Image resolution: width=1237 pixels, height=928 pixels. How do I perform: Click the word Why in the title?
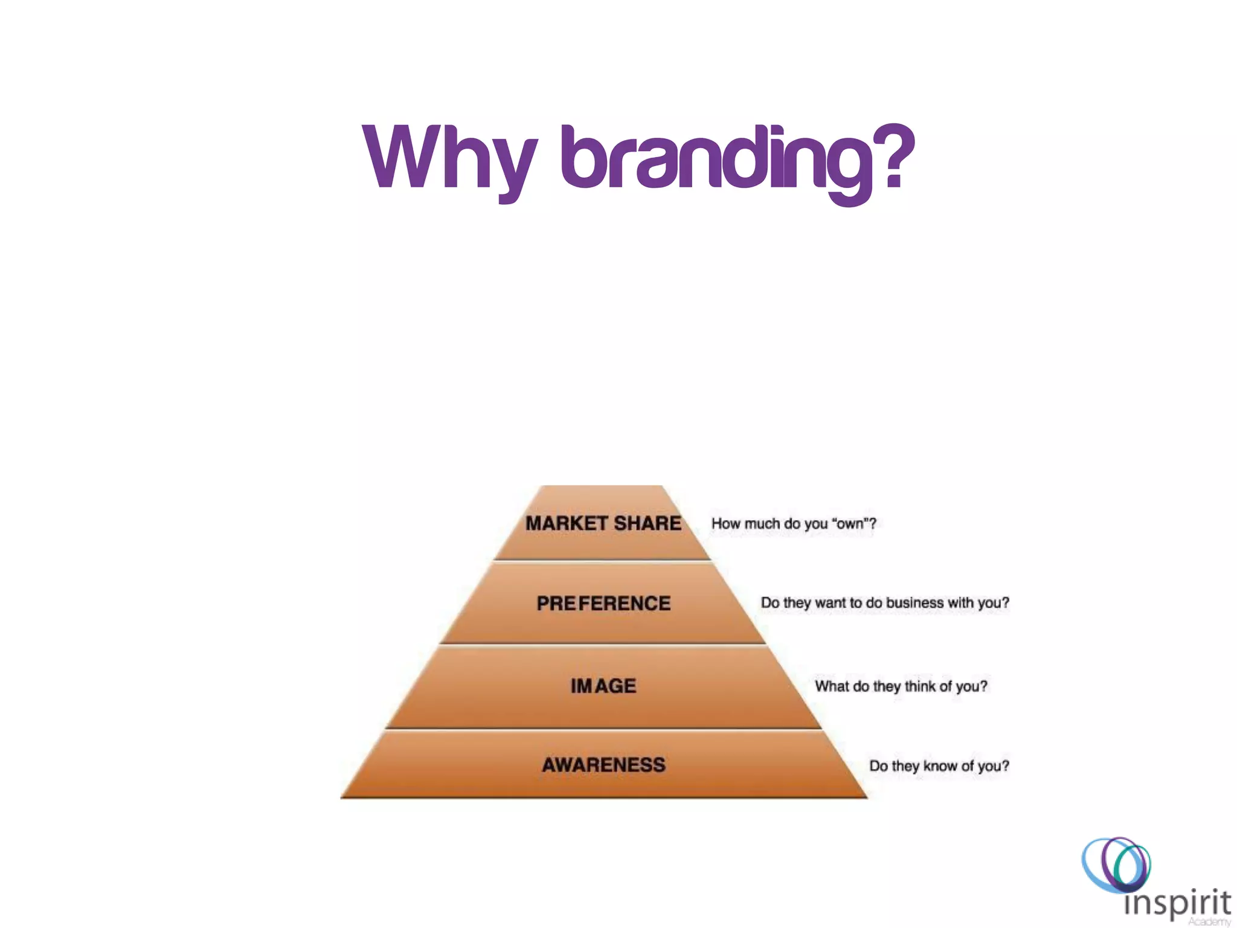coord(449,158)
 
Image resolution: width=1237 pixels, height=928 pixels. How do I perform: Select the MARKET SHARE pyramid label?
coord(603,523)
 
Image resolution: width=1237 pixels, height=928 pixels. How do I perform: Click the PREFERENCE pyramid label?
coord(603,603)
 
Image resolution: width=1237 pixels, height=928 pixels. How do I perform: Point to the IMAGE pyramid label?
coord(603,686)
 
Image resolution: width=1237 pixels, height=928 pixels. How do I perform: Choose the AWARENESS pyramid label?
coord(603,765)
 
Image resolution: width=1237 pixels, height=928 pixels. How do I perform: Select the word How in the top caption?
coord(725,524)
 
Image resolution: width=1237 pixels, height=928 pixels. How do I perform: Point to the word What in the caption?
coord(832,686)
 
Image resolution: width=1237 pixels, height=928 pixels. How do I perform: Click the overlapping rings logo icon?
coord(1116,864)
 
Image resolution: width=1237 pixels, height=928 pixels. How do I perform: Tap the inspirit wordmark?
coord(1177,903)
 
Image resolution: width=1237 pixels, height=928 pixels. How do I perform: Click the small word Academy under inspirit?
coord(1209,922)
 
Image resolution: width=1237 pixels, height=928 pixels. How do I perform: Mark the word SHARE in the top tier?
coord(647,523)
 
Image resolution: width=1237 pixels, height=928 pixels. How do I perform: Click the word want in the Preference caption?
coord(831,603)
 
